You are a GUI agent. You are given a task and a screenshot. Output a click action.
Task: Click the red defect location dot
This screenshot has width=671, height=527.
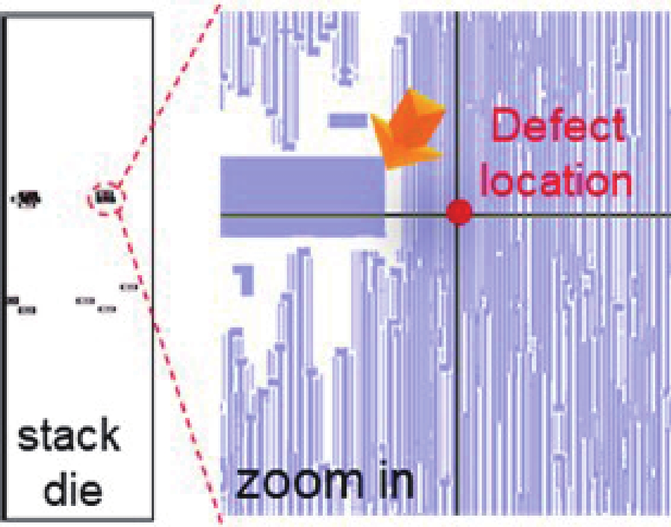459,213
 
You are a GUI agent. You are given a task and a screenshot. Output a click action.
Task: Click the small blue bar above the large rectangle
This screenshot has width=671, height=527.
348,121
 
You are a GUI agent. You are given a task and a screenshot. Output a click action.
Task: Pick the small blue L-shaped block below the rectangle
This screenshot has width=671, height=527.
245,279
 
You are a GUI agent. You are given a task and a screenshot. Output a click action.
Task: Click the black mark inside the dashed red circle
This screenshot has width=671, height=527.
105,198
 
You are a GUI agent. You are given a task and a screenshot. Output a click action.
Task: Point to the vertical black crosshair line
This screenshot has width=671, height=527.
457,370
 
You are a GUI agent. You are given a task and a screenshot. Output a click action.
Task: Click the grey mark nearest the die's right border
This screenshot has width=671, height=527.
129,287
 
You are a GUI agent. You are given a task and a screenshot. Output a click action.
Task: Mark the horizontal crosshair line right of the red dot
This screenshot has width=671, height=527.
568,215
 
